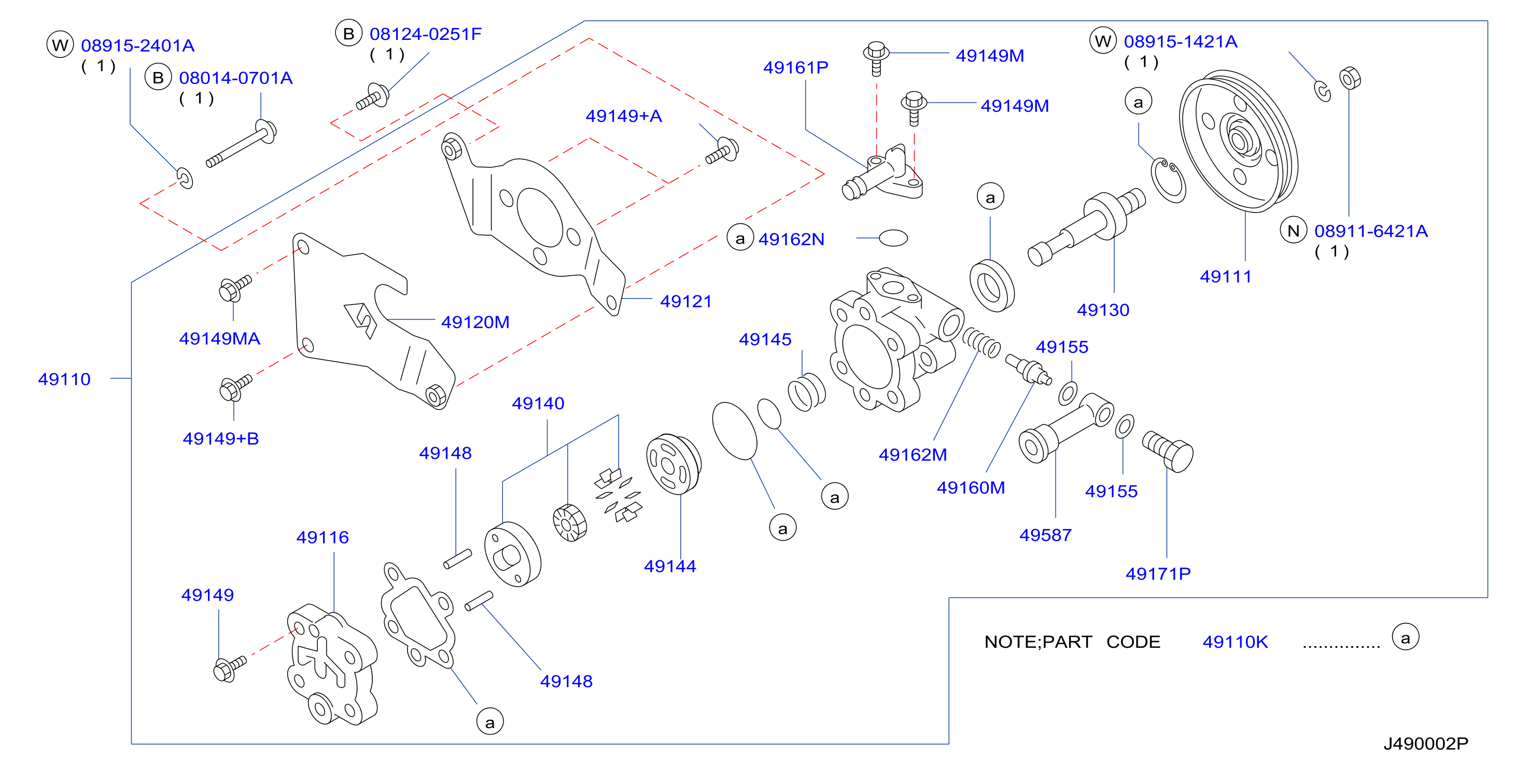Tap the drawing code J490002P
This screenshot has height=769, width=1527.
[x=1426, y=744]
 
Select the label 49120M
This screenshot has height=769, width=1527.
[x=475, y=322]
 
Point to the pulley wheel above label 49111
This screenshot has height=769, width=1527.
[x=1239, y=141]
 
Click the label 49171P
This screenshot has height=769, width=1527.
[x=1158, y=574]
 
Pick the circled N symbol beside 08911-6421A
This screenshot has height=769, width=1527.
[x=1294, y=231]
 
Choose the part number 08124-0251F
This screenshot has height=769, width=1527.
[x=426, y=34]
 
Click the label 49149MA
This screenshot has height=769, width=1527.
[x=219, y=338]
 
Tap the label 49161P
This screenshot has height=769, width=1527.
[x=795, y=67]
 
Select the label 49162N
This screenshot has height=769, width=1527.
[x=791, y=239]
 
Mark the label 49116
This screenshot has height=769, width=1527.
[x=323, y=537]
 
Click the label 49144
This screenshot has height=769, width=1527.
[x=670, y=566]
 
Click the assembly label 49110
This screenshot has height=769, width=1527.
[x=64, y=379]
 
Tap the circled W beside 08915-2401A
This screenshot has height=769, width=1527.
[x=60, y=45]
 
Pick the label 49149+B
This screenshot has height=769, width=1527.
[x=220, y=438]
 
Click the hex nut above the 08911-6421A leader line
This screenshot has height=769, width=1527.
[x=1350, y=78]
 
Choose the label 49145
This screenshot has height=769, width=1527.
[x=765, y=339]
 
